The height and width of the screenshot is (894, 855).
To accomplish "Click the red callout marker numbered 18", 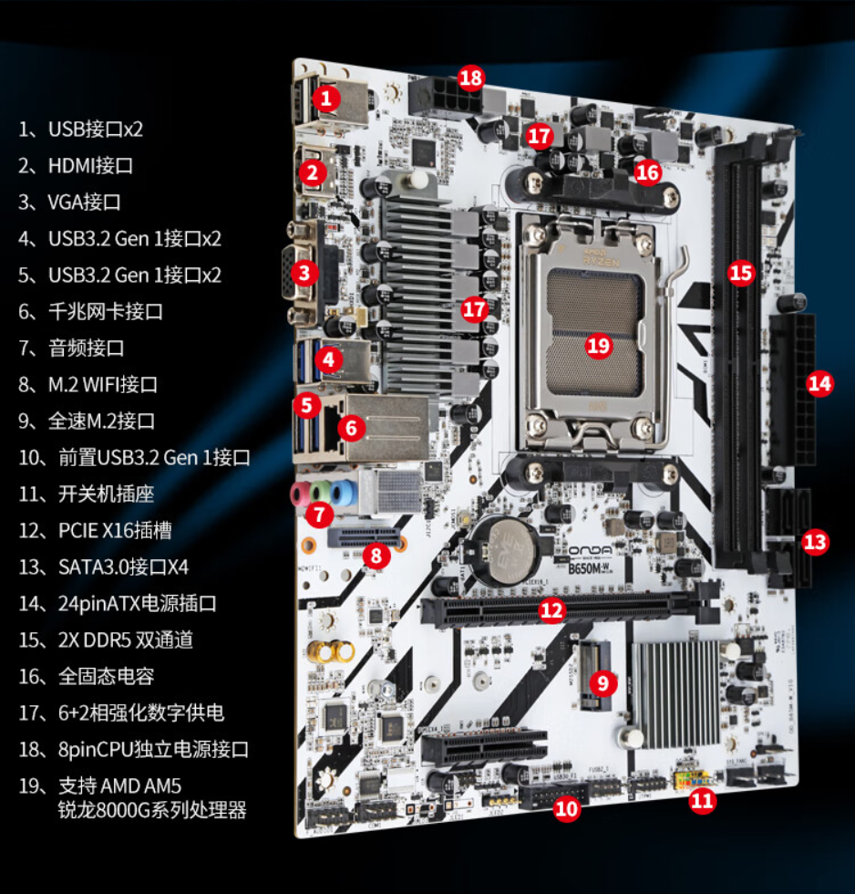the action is tap(470, 78).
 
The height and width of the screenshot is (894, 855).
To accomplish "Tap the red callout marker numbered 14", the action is tap(819, 384).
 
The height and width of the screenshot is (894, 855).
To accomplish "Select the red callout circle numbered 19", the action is tap(598, 346).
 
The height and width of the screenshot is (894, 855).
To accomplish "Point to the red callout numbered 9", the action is tap(603, 683).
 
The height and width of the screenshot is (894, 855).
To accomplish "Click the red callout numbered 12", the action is tap(551, 610).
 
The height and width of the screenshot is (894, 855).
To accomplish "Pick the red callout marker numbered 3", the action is tap(304, 273).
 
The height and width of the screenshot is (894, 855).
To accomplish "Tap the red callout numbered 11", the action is tap(702, 801).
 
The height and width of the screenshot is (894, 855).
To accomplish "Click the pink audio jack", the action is tap(298, 494).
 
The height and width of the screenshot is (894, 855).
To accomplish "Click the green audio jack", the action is tap(321, 493).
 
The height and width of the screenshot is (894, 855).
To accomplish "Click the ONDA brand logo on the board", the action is tap(591, 551).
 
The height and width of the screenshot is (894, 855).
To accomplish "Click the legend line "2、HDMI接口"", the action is tap(76, 165).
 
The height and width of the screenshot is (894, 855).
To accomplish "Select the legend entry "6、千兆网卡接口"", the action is tap(90, 311).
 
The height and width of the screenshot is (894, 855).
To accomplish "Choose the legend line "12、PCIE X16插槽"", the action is tap(95, 530).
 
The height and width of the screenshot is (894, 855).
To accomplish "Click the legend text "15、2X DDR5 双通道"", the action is tap(106, 639).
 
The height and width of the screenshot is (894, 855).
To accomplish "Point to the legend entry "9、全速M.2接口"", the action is tap(87, 421).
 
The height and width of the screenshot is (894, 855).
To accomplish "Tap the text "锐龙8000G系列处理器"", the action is tap(152, 810).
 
